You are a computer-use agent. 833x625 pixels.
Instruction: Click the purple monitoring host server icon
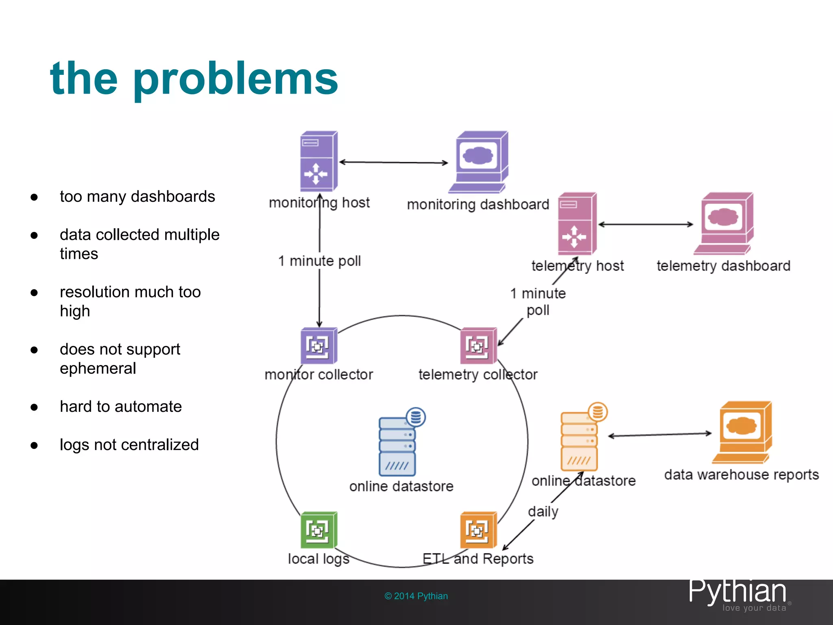pyautogui.click(x=318, y=161)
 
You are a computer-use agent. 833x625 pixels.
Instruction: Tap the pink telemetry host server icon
pyautogui.click(x=577, y=224)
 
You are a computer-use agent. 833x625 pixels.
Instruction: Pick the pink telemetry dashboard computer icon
pyautogui.click(x=725, y=223)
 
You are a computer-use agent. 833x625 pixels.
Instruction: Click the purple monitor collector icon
pyautogui.click(x=318, y=346)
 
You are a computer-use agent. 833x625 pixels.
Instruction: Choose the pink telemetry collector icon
pyautogui.click(x=478, y=346)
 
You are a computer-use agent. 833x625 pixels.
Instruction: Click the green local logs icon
pyautogui.click(x=318, y=530)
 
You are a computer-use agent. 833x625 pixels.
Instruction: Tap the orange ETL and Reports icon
pyautogui.click(x=478, y=530)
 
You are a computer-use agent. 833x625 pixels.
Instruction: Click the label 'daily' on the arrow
pyautogui.click(x=543, y=511)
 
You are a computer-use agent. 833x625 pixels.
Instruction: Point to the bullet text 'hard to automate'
pyautogui.click(x=121, y=406)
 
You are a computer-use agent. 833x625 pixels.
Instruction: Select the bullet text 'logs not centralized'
pyautogui.click(x=129, y=445)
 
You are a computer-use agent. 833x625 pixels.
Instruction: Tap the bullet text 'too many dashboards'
pyautogui.click(x=137, y=197)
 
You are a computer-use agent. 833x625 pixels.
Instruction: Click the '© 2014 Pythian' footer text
pyautogui.click(x=416, y=596)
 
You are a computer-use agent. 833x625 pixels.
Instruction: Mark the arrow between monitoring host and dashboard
pyautogui.click(x=393, y=162)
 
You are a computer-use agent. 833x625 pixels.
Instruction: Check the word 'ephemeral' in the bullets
pyautogui.click(x=98, y=369)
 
